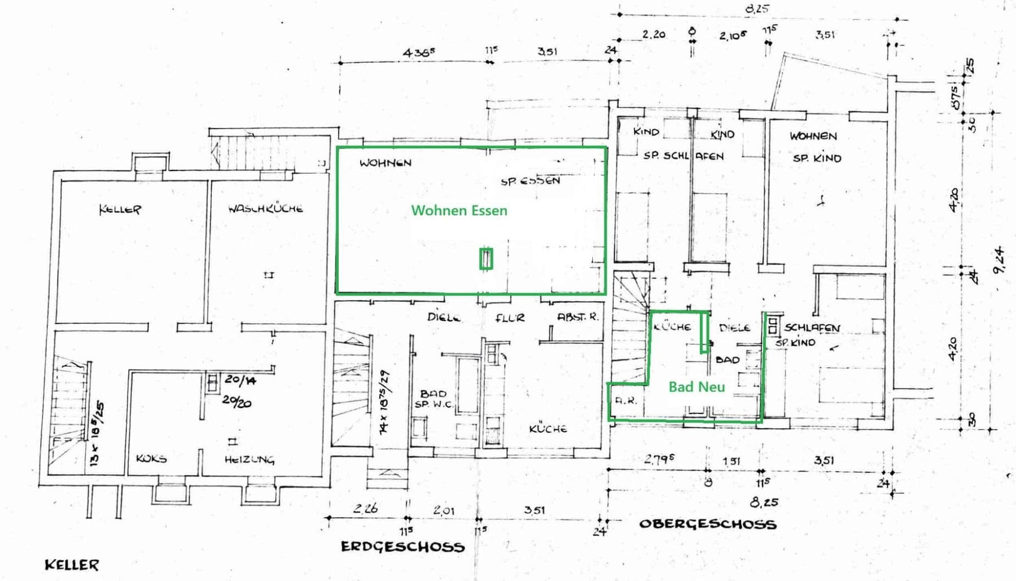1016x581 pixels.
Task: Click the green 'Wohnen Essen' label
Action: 459,210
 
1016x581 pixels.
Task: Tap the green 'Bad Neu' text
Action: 697,387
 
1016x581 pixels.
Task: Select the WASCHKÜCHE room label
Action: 265,208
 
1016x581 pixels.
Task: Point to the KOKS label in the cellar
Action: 151,458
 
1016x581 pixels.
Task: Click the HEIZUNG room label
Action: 249,459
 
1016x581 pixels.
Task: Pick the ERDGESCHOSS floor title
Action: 402,547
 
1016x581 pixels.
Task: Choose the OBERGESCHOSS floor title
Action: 707,523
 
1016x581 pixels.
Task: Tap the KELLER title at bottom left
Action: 72,565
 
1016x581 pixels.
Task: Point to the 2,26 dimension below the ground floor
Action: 365,508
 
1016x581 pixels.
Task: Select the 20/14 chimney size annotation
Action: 240,380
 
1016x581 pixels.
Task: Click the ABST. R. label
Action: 577,317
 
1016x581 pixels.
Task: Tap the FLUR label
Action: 510,318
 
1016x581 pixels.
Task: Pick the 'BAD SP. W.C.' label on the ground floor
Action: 433,398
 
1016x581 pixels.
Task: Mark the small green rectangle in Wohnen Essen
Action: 486,259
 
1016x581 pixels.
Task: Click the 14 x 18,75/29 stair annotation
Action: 384,402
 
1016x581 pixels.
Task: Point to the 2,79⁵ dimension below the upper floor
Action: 659,459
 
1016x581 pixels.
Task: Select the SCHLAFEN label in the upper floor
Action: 812,327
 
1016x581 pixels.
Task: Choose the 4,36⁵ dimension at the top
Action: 419,52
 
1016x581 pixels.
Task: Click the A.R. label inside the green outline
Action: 625,401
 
